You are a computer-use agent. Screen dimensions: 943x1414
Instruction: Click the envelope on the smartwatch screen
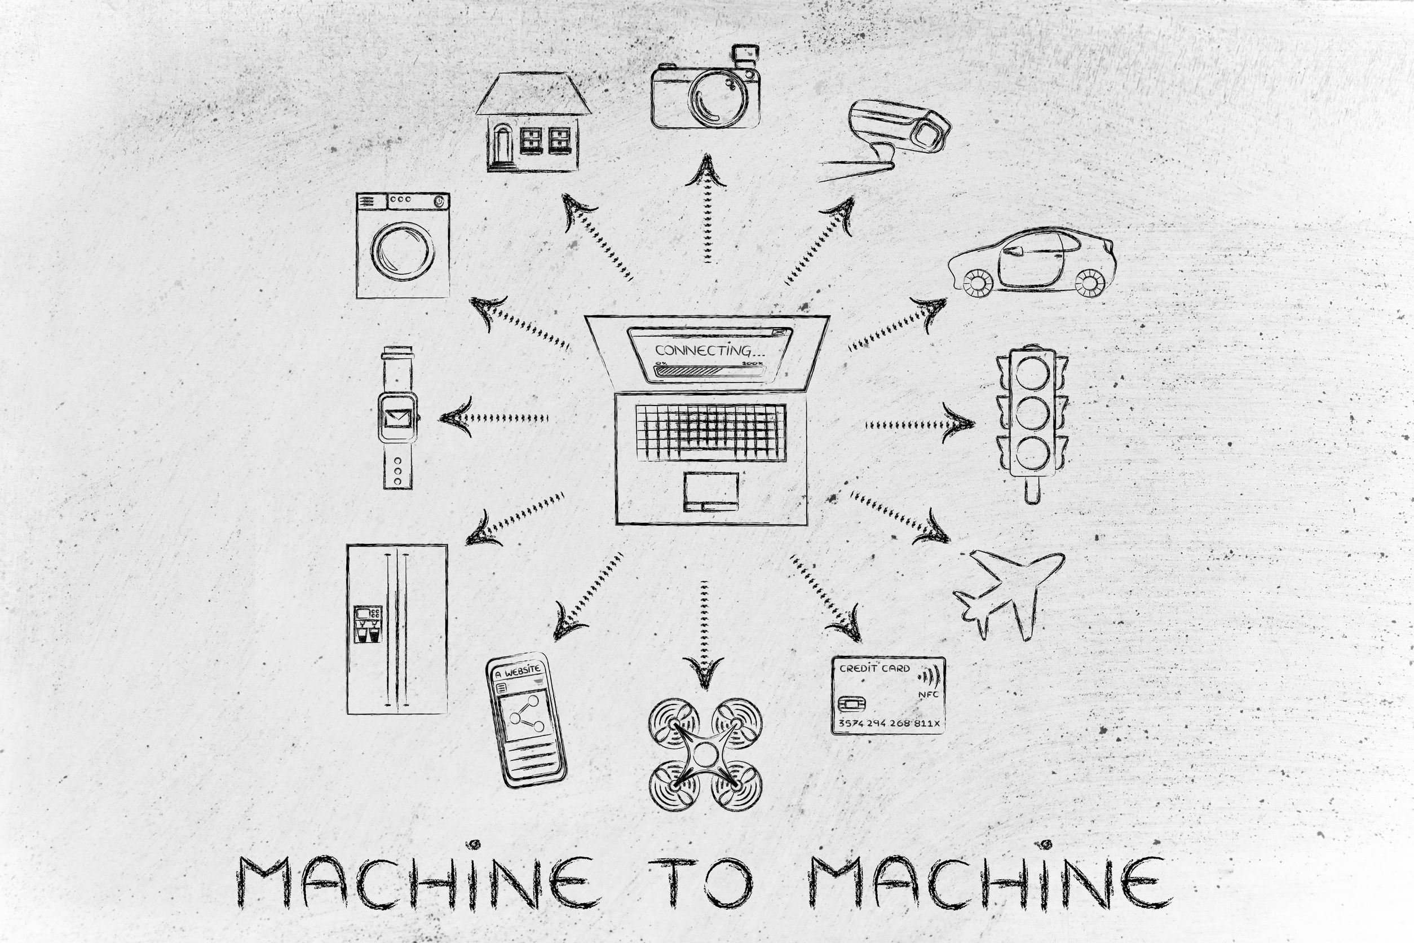[x=396, y=416]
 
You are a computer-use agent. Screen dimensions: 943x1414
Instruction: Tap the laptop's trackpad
[x=710, y=490]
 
